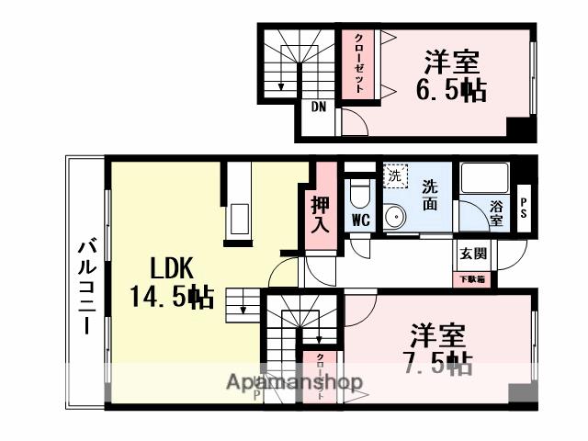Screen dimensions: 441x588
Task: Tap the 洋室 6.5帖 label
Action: coord(454,77)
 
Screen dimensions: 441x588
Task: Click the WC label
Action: coord(361,220)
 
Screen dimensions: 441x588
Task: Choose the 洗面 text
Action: coord(429,195)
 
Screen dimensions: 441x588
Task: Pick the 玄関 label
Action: coord(474,254)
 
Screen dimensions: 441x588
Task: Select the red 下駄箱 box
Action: coord(474,277)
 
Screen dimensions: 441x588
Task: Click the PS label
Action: coord(525,203)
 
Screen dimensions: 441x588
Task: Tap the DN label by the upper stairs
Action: coord(318,107)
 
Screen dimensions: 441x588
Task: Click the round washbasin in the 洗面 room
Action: coord(397,218)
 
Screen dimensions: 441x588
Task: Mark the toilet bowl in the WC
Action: coord(359,194)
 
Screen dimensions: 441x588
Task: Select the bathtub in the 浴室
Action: coord(484,184)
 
